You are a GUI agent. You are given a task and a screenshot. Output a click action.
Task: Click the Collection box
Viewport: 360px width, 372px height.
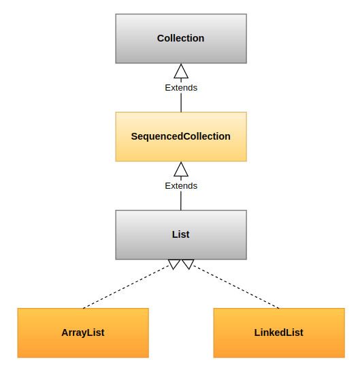(181, 39)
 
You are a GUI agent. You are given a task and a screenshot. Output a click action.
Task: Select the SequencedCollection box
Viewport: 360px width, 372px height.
(181, 137)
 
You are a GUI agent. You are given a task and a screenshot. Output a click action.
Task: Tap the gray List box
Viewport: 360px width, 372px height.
(181, 234)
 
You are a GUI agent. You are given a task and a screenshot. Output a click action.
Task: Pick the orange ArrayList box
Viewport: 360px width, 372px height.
(83, 332)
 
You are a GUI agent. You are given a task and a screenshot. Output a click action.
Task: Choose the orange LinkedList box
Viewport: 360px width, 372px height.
(279, 332)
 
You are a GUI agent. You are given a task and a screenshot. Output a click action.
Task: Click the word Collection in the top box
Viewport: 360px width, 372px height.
(180, 38)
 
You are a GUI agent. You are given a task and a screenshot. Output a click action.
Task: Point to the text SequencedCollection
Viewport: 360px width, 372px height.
(181, 137)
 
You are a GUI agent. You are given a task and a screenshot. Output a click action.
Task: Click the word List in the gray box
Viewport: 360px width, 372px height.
(180, 234)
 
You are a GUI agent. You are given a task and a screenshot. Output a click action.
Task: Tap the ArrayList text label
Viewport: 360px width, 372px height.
(83, 332)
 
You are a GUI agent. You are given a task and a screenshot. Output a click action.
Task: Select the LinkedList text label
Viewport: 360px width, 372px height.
(279, 332)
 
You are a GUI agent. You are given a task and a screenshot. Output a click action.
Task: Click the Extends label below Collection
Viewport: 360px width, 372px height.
(181, 88)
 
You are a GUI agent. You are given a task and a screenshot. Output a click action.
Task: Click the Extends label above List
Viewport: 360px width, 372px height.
(181, 186)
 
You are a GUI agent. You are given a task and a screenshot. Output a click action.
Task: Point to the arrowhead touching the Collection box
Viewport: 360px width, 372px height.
(181, 71)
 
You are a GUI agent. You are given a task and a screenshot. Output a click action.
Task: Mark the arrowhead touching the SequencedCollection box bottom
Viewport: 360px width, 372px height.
(181, 169)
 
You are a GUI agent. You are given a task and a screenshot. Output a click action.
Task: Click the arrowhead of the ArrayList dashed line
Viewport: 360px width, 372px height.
(174, 264)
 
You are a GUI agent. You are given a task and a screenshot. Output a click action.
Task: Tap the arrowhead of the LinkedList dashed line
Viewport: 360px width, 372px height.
(189, 264)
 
